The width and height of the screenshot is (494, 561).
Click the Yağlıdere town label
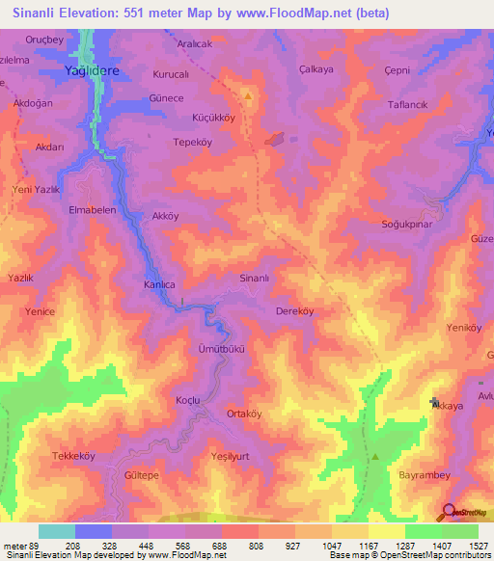pyautogui.click(x=94, y=71)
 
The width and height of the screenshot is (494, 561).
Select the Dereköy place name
pyautogui.click(x=294, y=311)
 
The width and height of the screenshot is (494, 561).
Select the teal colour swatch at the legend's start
pyautogui.click(x=57, y=531)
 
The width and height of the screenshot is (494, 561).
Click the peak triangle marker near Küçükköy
pyautogui.click(x=249, y=96)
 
